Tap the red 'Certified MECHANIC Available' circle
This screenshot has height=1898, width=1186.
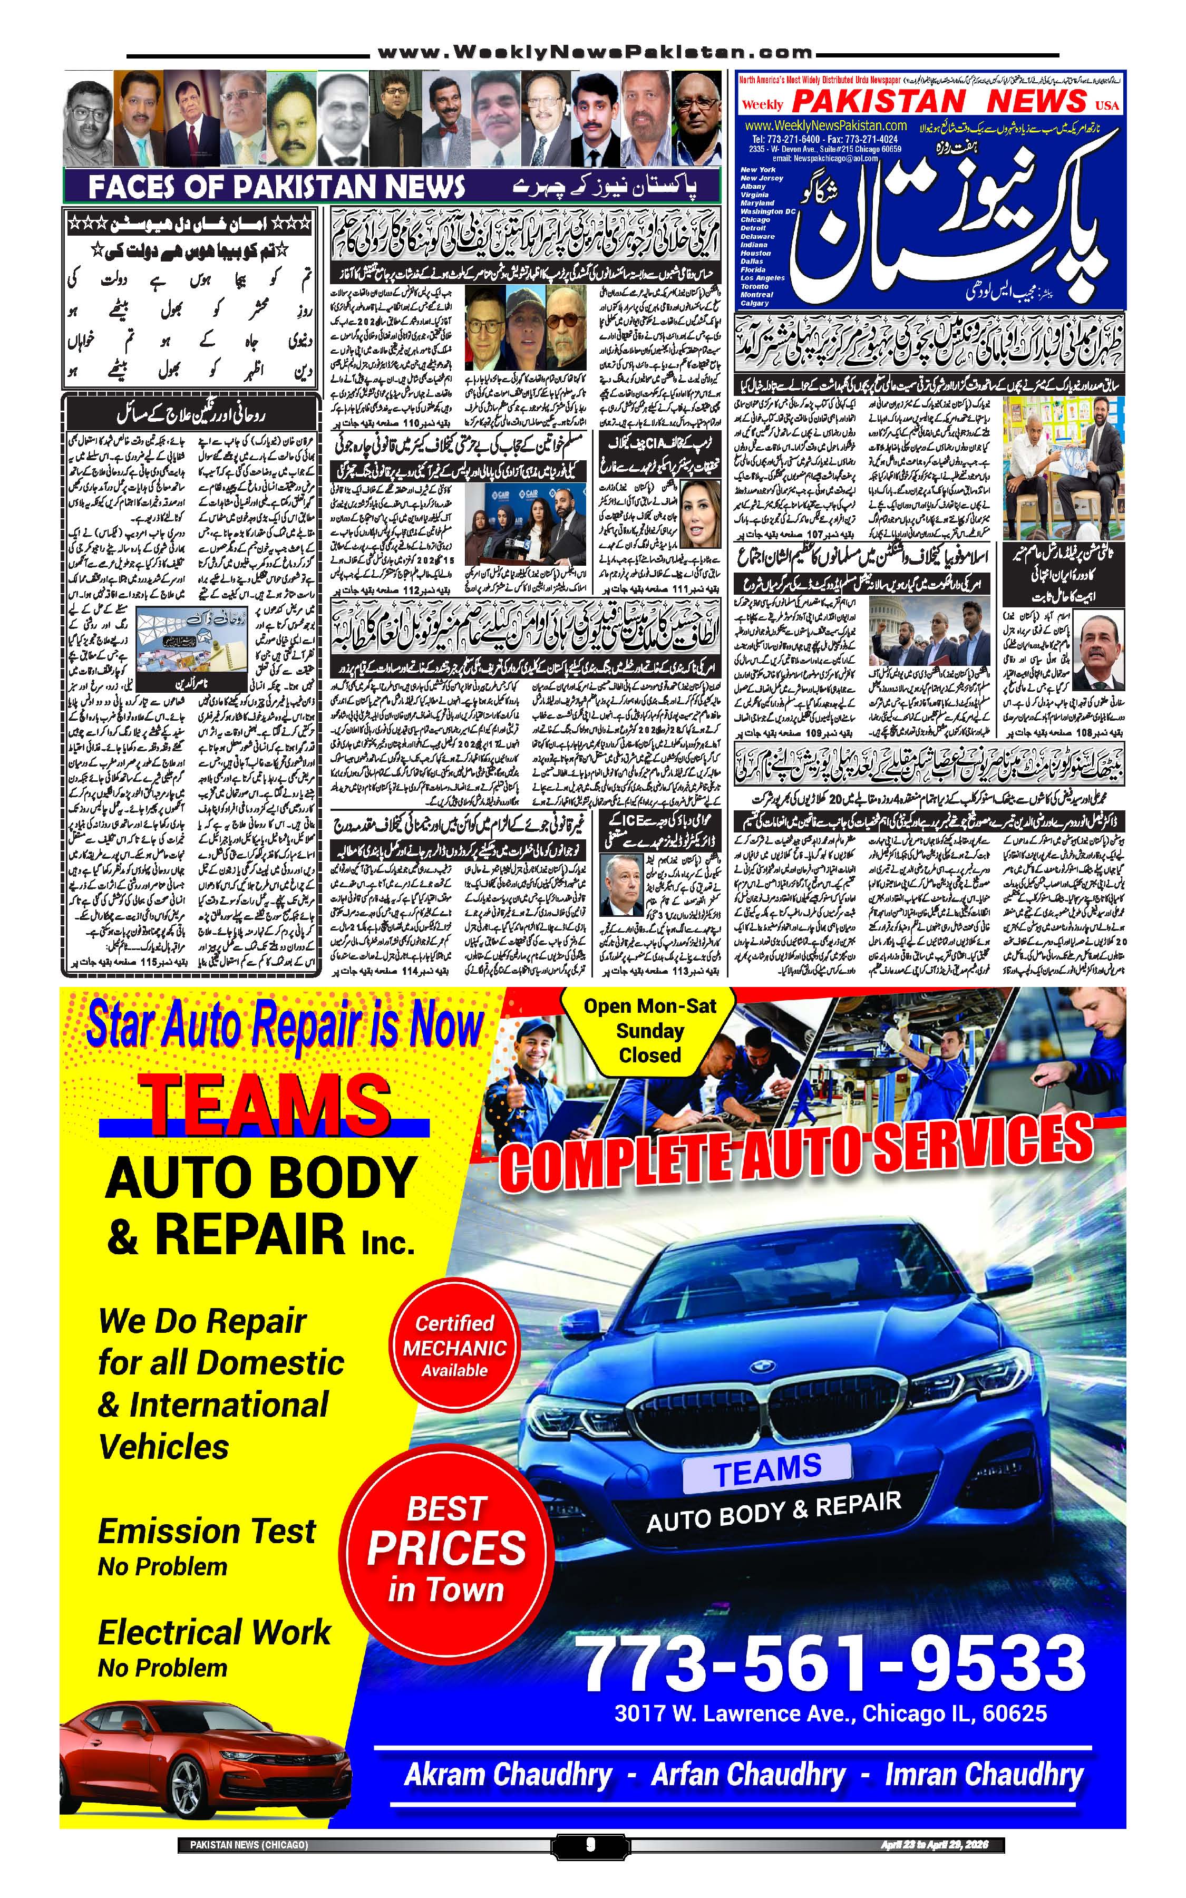(454, 1348)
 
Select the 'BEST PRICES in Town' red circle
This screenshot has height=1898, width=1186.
(446, 1549)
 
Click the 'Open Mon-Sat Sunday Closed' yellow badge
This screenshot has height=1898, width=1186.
(649, 1030)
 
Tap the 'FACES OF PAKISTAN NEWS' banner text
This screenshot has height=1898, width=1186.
(276, 188)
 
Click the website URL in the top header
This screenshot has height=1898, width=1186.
(595, 53)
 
